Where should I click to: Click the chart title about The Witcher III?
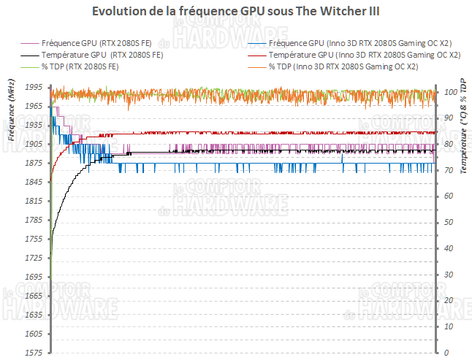[x=236, y=12]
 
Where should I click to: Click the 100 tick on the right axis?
[x=451, y=91]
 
